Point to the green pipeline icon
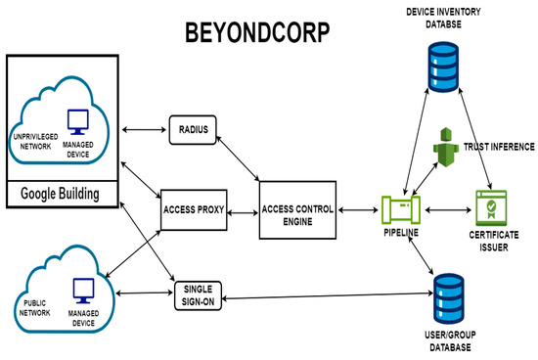tap(401, 208)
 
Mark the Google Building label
tap(61, 194)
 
